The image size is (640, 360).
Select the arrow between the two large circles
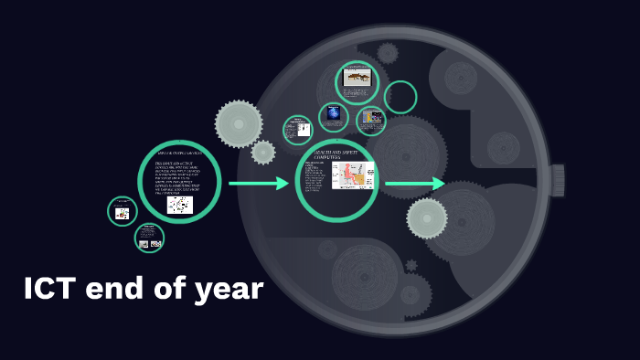tap(258, 184)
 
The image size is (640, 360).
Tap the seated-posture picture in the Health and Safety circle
tap(353, 175)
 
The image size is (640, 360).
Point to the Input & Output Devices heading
tap(180, 152)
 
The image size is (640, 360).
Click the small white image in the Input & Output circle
tap(180, 205)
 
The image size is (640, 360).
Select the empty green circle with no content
tap(400, 98)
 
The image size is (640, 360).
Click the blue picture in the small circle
tap(334, 114)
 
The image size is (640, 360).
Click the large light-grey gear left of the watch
tap(239, 122)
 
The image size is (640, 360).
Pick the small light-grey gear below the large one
tap(263, 153)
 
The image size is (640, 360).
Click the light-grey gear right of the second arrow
tap(427, 218)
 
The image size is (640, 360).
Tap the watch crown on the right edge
tap(557, 180)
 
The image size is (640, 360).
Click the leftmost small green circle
tap(123, 211)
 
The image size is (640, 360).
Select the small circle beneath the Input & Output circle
tap(149, 238)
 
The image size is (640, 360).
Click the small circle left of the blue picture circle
tap(298, 130)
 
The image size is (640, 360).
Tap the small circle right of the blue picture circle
tap(371, 120)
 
